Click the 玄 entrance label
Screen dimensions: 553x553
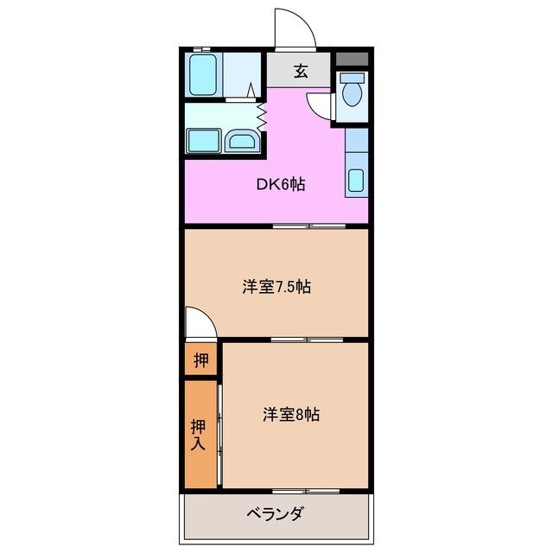point(299,72)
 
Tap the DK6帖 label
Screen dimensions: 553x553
point(277,184)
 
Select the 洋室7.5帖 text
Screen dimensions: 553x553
point(276,288)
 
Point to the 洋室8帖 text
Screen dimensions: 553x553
point(291,415)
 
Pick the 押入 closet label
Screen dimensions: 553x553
point(198,435)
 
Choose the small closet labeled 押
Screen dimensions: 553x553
point(200,360)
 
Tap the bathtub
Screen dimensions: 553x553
point(204,75)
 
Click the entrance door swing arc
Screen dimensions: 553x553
point(295,28)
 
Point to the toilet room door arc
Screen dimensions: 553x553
point(321,105)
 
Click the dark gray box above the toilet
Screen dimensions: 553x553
point(352,60)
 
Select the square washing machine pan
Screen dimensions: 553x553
point(203,138)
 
